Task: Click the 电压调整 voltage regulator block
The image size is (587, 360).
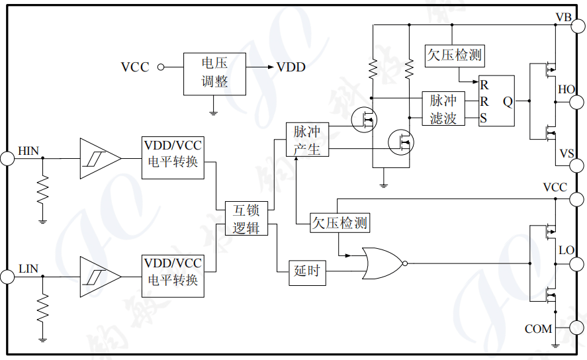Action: [x=214, y=73]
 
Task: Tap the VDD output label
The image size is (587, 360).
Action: [x=291, y=67]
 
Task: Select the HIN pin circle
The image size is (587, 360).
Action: [x=7, y=158]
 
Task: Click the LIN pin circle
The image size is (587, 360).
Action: [x=7, y=277]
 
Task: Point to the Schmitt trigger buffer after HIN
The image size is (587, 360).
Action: [x=99, y=158]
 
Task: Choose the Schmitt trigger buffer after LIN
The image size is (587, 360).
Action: [x=99, y=277]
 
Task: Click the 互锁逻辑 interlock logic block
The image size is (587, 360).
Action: [x=246, y=219]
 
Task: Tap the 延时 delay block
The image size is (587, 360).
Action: [x=308, y=271]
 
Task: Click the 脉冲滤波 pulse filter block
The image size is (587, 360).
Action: [x=443, y=109]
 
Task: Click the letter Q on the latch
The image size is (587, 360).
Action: [x=507, y=101]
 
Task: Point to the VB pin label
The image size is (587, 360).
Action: [x=563, y=17]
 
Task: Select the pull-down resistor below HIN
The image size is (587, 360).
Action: [x=43, y=191]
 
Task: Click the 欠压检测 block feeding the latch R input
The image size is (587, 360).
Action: [x=454, y=55]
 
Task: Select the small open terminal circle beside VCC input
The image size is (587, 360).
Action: [x=160, y=67]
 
